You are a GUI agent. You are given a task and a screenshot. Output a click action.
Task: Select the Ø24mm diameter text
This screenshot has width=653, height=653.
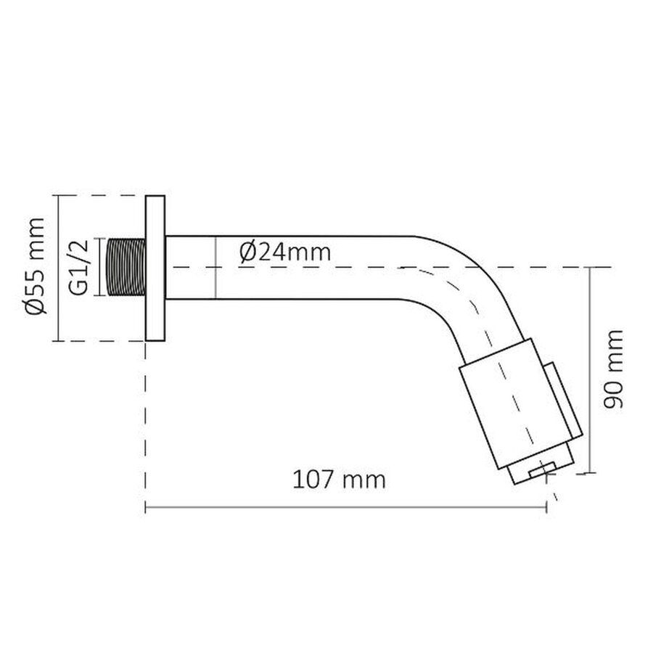coord(284,252)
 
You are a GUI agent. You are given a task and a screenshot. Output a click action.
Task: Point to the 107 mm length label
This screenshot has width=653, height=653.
coord(339,480)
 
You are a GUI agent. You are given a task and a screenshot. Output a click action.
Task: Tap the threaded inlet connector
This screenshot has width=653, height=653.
coord(126,267)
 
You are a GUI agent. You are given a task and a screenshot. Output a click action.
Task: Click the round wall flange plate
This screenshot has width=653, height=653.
coord(155,268)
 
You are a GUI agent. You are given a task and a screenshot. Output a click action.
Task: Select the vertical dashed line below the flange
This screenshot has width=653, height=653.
coord(147,421)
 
